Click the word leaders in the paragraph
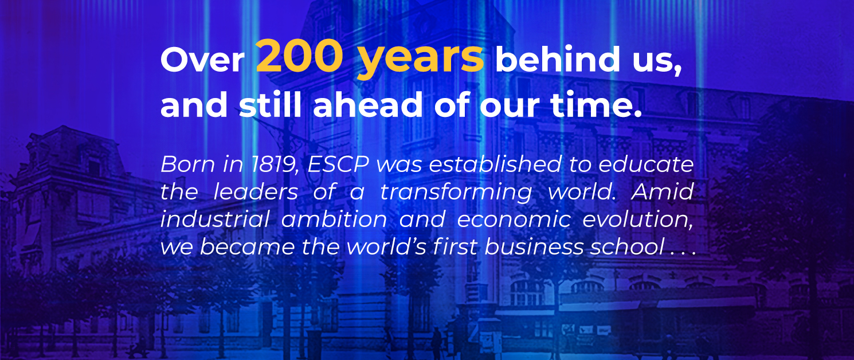coord(256,193)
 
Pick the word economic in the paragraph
coord(506,220)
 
